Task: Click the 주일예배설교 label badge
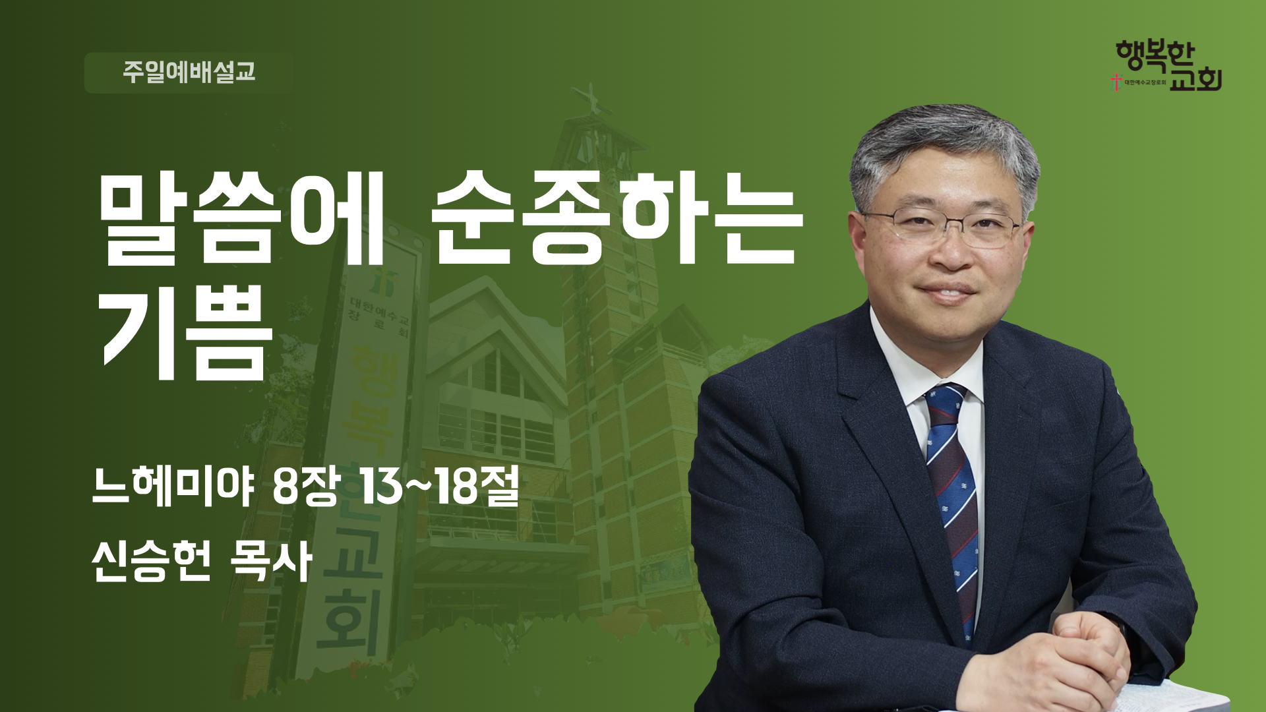pyautogui.click(x=188, y=73)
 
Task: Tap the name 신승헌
pyautogui.click(x=152, y=562)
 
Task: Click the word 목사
pyautogui.click(x=270, y=562)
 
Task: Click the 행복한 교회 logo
pyautogui.click(x=1166, y=65)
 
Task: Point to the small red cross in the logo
pyautogui.click(x=1116, y=82)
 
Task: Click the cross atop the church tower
pyautogui.click(x=590, y=99)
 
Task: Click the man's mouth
pyautogui.click(x=948, y=291)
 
